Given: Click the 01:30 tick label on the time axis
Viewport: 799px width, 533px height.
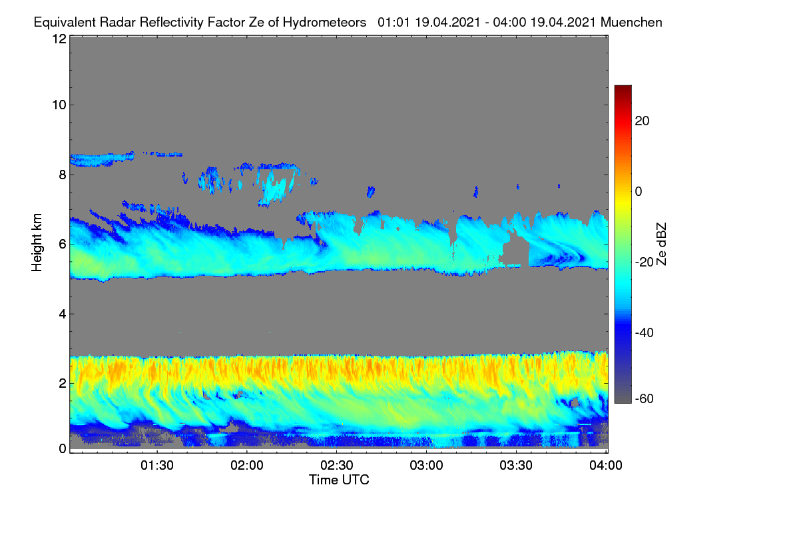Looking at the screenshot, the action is [157, 466].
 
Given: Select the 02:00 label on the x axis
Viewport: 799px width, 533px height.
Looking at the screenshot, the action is [247, 466].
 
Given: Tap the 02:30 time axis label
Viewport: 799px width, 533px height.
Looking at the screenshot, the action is [337, 466].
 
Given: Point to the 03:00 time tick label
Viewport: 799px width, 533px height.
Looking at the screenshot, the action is [426, 466].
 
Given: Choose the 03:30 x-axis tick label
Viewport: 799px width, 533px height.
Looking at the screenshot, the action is [516, 466].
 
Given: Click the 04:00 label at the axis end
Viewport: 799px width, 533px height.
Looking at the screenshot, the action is [606, 466].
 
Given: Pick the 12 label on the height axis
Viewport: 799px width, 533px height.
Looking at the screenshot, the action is [59, 39].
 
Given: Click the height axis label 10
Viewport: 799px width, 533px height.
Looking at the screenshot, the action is [59, 105].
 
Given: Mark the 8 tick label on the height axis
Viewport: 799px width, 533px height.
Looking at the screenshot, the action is [63, 175].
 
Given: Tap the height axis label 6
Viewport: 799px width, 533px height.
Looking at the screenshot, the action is [63, 245].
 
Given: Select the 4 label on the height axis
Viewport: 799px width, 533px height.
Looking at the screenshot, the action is [63, 314].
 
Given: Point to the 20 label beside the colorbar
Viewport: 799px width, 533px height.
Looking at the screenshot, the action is [642, 121].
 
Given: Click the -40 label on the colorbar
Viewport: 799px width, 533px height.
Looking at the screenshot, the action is [645, 332].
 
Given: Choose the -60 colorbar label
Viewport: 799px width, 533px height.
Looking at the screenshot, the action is [645, 399].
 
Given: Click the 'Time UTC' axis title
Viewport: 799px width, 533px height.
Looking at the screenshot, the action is [339, 480].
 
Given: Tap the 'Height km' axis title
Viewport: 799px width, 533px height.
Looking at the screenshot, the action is [37, 243].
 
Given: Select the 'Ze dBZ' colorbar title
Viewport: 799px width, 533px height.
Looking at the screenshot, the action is [661, 245].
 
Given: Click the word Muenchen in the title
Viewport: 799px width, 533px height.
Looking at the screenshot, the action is [631, 23].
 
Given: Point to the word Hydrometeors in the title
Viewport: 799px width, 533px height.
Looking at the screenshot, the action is [325, 23].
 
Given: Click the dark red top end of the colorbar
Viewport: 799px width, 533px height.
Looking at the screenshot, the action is [623, 87].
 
